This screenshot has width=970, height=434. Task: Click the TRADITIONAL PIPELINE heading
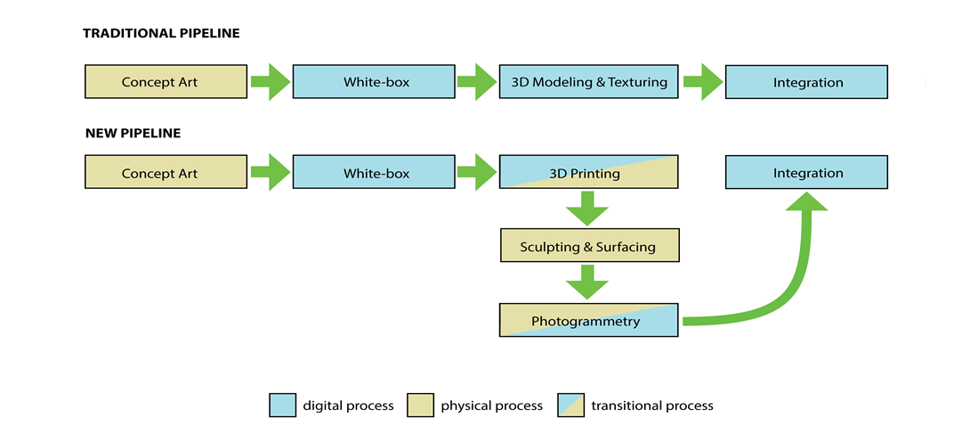pos(161,34)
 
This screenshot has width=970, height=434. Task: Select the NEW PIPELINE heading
pos(133,133)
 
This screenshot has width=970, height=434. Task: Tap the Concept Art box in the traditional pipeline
pos(166,82)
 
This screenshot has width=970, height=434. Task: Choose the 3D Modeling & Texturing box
pos(588,82)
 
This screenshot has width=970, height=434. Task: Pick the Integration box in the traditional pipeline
pos(806,82)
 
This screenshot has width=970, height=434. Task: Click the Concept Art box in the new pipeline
pos(166,173)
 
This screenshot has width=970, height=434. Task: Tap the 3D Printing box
pos(588,173)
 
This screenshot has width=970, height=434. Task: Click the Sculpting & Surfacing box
pos(588,246)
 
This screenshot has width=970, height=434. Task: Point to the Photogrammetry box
pos(588,321)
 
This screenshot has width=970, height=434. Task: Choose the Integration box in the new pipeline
pos(806,173)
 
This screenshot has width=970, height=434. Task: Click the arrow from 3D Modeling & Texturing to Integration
pos(703,82)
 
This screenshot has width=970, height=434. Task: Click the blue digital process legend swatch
pos(282,405)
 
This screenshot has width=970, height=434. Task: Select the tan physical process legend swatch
pos(420,405)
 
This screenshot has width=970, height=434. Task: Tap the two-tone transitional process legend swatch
pos(570,405)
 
